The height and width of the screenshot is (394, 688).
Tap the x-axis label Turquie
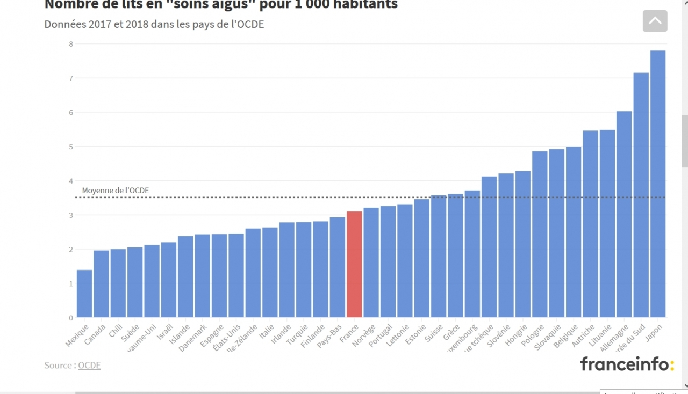(297, 335)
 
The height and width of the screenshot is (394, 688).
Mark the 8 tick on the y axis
(70, 43)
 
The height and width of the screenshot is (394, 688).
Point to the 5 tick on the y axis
(70, 147)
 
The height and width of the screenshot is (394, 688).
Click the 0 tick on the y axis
(70, 318)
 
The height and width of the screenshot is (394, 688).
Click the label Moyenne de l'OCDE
(116, 190)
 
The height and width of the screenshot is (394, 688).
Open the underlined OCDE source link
(89, 366)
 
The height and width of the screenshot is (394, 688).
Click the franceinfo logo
(627, 364)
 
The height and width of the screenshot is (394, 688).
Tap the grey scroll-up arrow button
(655, 21)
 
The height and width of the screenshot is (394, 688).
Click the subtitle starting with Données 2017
(154, 24)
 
